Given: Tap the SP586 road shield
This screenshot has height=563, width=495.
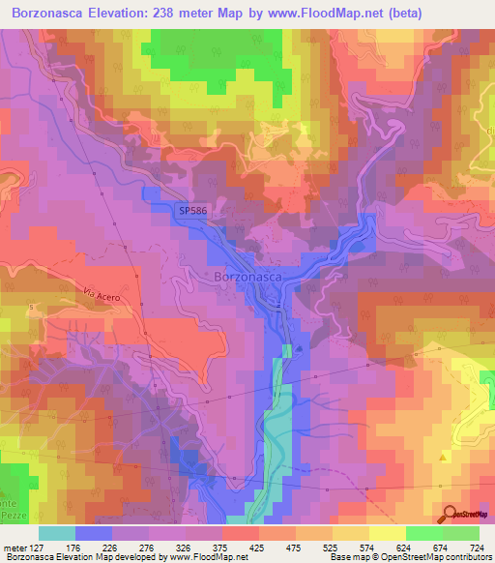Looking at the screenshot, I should coord(193,208).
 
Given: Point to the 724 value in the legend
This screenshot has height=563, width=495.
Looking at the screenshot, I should coord(475,547).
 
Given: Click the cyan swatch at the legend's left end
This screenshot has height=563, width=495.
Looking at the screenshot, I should coord(57,533).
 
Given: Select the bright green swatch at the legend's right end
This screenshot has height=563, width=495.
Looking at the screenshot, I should coord(460,533).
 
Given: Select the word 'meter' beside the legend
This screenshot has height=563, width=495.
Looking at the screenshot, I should coord(16,547).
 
